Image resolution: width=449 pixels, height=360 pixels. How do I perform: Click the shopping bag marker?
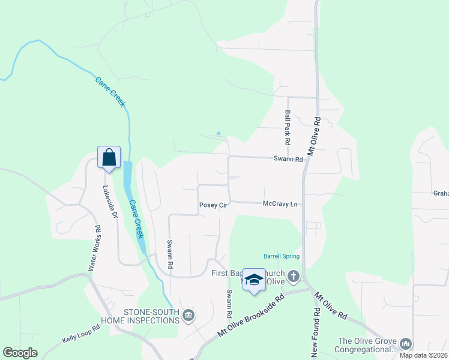(109, 158)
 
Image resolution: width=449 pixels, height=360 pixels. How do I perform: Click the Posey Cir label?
(213, 205)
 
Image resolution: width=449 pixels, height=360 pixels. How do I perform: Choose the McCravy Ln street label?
(280, 205)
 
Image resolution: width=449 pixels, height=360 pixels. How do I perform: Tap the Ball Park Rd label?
(288, 127)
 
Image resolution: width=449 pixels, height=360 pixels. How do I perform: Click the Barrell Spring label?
(282, 256)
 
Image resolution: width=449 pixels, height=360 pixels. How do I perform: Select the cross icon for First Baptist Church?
(293, 277)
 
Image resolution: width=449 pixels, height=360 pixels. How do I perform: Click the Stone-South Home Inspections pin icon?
(188, 316)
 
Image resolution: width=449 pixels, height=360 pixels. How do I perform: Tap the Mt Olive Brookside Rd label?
(250, 317)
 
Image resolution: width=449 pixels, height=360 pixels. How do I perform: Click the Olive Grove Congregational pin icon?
(406, 343)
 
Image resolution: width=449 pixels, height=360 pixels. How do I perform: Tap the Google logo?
(20, 353)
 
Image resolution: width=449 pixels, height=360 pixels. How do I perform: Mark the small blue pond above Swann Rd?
(218, 133)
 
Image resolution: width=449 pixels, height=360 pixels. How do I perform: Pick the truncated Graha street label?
(441, 194)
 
